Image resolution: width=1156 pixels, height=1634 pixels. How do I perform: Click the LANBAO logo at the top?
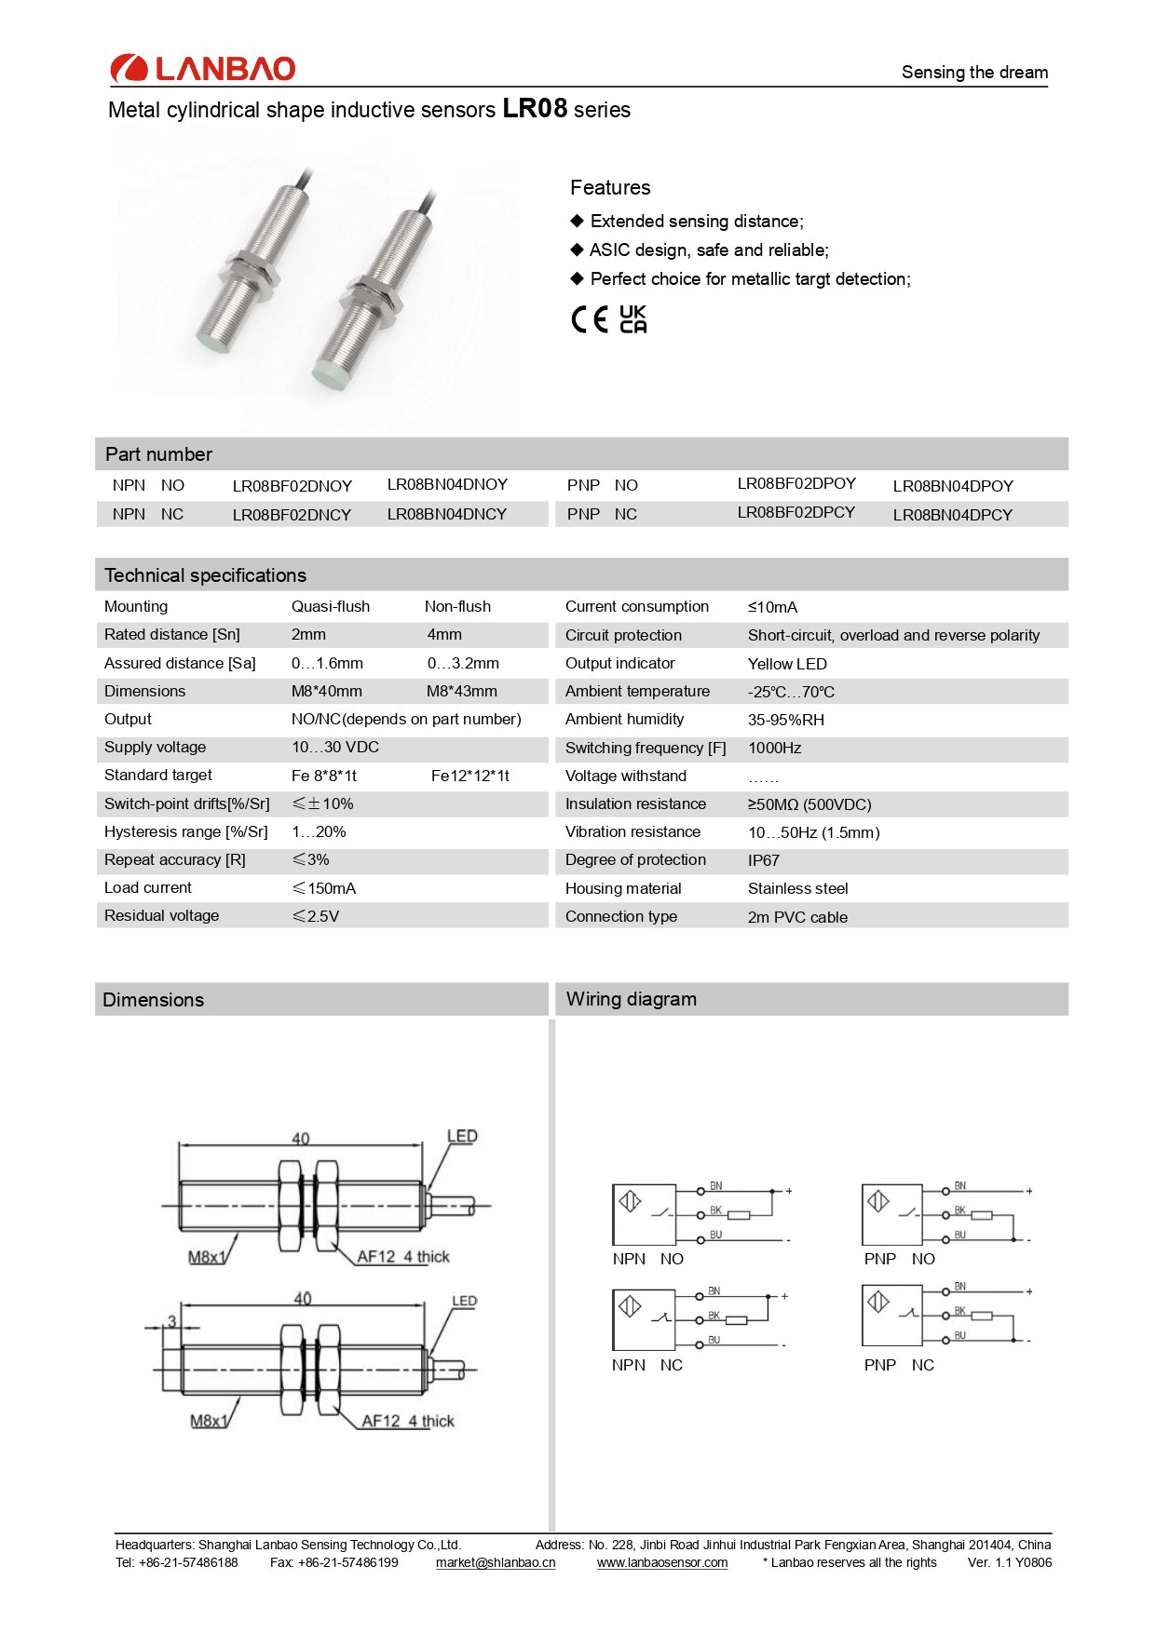pyautogui.click(x=203, y=68)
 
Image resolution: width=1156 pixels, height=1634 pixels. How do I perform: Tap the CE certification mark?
pyautogui.click(x=590, y=319)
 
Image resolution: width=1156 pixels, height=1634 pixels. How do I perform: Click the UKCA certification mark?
pyautogui.click(x=632, y=318)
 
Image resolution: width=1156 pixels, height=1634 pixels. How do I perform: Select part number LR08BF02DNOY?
pyautogui.click(x=292, y=486)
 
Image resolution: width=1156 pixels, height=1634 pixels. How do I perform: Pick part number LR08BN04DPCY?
pyautogui.click(x=952, y=515)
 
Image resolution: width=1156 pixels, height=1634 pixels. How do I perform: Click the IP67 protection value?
pyautogui.click(x=763, y=860)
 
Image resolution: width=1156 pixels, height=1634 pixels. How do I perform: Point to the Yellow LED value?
pyautogui.click(x=787, y=664)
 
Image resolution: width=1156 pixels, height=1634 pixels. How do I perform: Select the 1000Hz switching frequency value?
pyautogui.click(x=774, y=748)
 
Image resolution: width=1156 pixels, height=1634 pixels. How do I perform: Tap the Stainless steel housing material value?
pyautogui.click(x=797, y=888)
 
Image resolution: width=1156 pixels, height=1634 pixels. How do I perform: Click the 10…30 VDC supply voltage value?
pyautogui.click(x=334, y=747)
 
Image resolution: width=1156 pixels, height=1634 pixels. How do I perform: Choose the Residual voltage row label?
pyautogui.click(x=161, y=915)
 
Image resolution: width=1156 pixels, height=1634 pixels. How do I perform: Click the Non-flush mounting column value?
pyautogui.click(x=457, y=606)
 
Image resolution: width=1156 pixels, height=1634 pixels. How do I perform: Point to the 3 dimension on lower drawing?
pyautogui.click(x=171, y=1321)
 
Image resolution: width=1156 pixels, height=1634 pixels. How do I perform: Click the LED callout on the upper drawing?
pyautogui.click(x=462, y=1136)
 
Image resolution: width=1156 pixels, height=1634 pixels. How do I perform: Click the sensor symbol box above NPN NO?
pyautogui.click(x=644, y=1214)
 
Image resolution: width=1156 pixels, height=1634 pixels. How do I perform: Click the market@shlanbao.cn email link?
pyautogui.click(x=496, y=1562)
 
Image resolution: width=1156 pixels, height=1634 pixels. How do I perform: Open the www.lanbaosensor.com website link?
pyautogui.click(x=662, y=1562)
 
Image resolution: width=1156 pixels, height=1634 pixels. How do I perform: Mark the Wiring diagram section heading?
pyautogui.click(x=631, y=999)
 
